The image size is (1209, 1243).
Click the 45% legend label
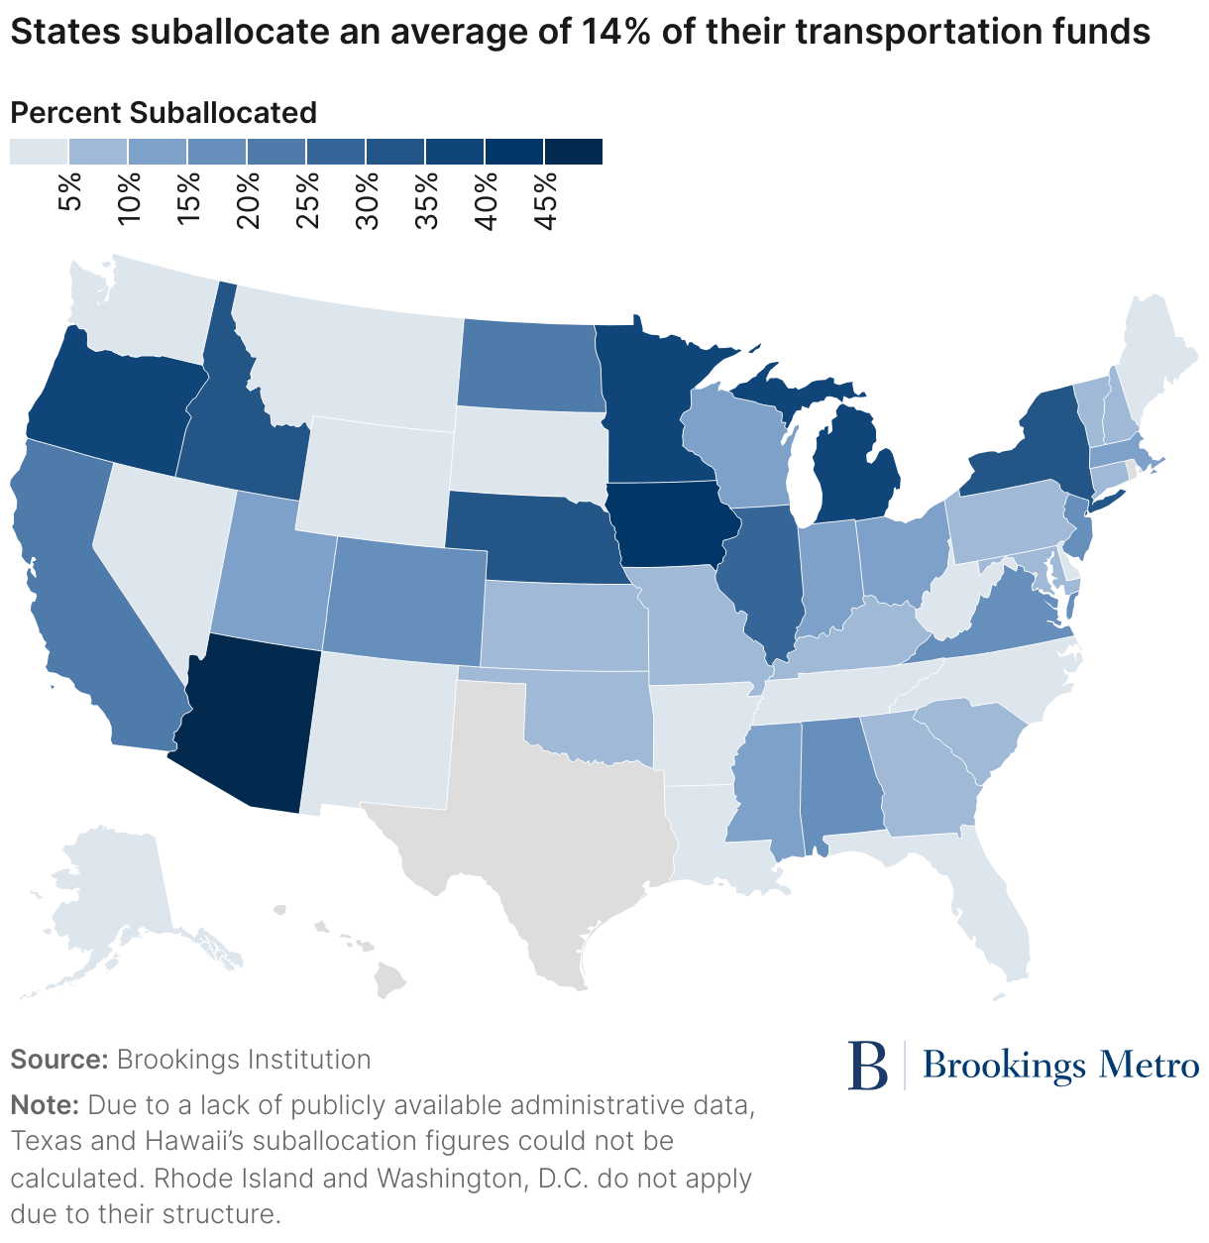[x=545, y=198]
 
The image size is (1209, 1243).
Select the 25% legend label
[x=307, y=198]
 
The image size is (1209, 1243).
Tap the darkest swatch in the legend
[x=573, y=152]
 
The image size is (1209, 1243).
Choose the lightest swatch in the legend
[x=39, y=152]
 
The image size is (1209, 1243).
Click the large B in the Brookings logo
[x=868, y=1066]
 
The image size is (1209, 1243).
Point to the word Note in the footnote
[x=44, y=1104]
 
